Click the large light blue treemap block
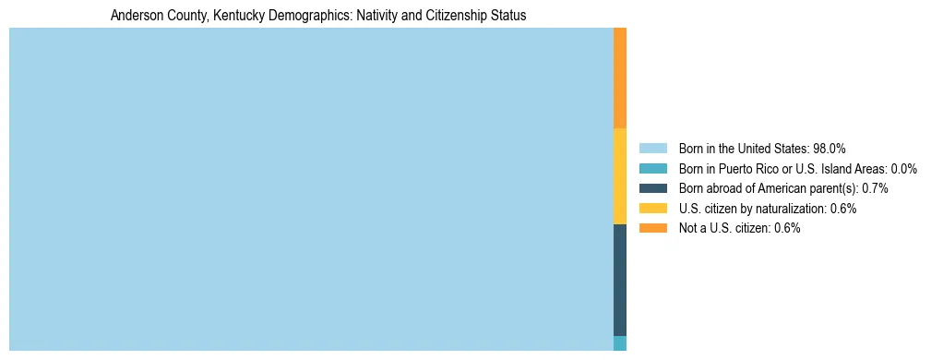311,189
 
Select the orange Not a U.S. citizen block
620,78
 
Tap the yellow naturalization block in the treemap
620,176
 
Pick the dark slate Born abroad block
620,280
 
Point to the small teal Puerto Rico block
620,343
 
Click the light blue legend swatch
652,148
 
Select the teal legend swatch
652,168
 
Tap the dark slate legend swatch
652,188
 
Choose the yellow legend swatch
652,209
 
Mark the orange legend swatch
652,228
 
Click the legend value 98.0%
830,148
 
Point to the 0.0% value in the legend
904,168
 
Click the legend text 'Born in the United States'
744,148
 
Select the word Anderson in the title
135,17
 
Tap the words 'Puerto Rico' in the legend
756,168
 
